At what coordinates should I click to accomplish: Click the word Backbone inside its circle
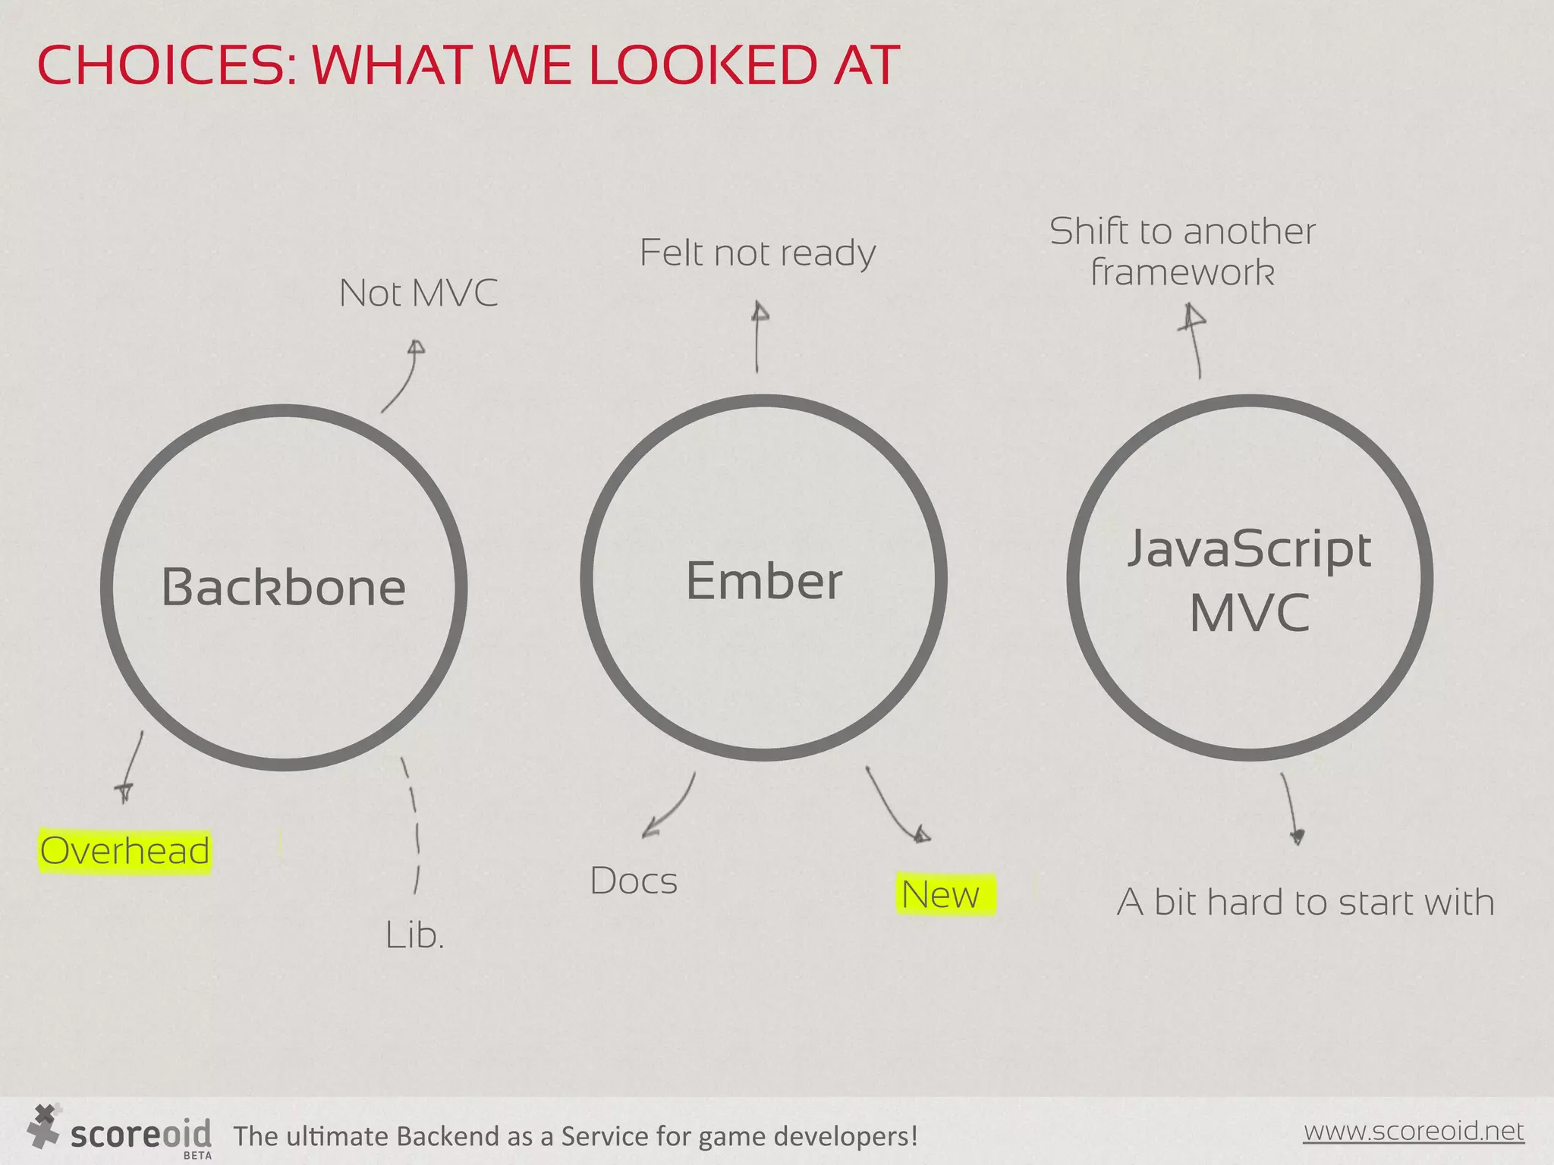pos(284,588)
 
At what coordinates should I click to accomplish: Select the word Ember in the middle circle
pos(764,582)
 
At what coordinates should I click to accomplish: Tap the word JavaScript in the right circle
pos(1249,549)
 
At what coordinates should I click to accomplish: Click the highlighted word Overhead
pos(125,851)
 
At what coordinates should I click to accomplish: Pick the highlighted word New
pos(941,895)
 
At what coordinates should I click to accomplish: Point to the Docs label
pos(634,881)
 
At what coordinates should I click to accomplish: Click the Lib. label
pos(414,935)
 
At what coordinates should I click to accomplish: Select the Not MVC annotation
pos(419,294)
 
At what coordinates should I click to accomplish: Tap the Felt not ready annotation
pos(757,253)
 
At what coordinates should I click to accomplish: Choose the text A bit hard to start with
pos(1305,903)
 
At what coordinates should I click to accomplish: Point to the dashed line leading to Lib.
pos(414,827)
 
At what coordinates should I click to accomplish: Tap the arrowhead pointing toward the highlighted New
pos(921,835)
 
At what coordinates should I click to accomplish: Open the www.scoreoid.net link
pos(1413,1131)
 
